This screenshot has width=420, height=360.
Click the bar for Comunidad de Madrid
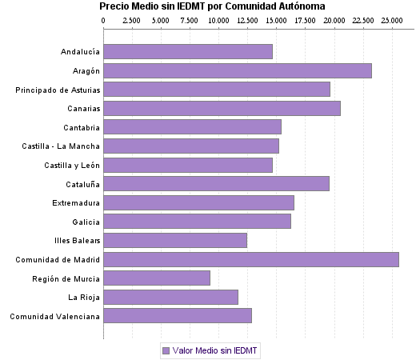coord(251,259)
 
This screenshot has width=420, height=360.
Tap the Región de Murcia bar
coord(157,278)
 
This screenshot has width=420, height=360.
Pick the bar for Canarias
coord(222,109)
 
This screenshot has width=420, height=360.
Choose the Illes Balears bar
coord(175,241)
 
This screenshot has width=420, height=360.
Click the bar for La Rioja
coord(171,297)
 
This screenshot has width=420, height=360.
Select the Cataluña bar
coord(216,184)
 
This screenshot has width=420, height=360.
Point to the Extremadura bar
coord(198,203)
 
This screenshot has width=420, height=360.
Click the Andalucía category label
coord(80,53)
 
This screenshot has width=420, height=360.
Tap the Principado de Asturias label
coord(58,90)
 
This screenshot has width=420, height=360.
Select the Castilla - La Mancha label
coord(62,146)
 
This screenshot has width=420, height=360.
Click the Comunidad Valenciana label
coord(55,316)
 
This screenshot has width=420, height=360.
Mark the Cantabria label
coord(82,128)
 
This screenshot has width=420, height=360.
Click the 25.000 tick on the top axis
coord(392,18)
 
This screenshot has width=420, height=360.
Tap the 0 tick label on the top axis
coord(104,18)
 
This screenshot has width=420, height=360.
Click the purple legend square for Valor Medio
coord(166,350)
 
